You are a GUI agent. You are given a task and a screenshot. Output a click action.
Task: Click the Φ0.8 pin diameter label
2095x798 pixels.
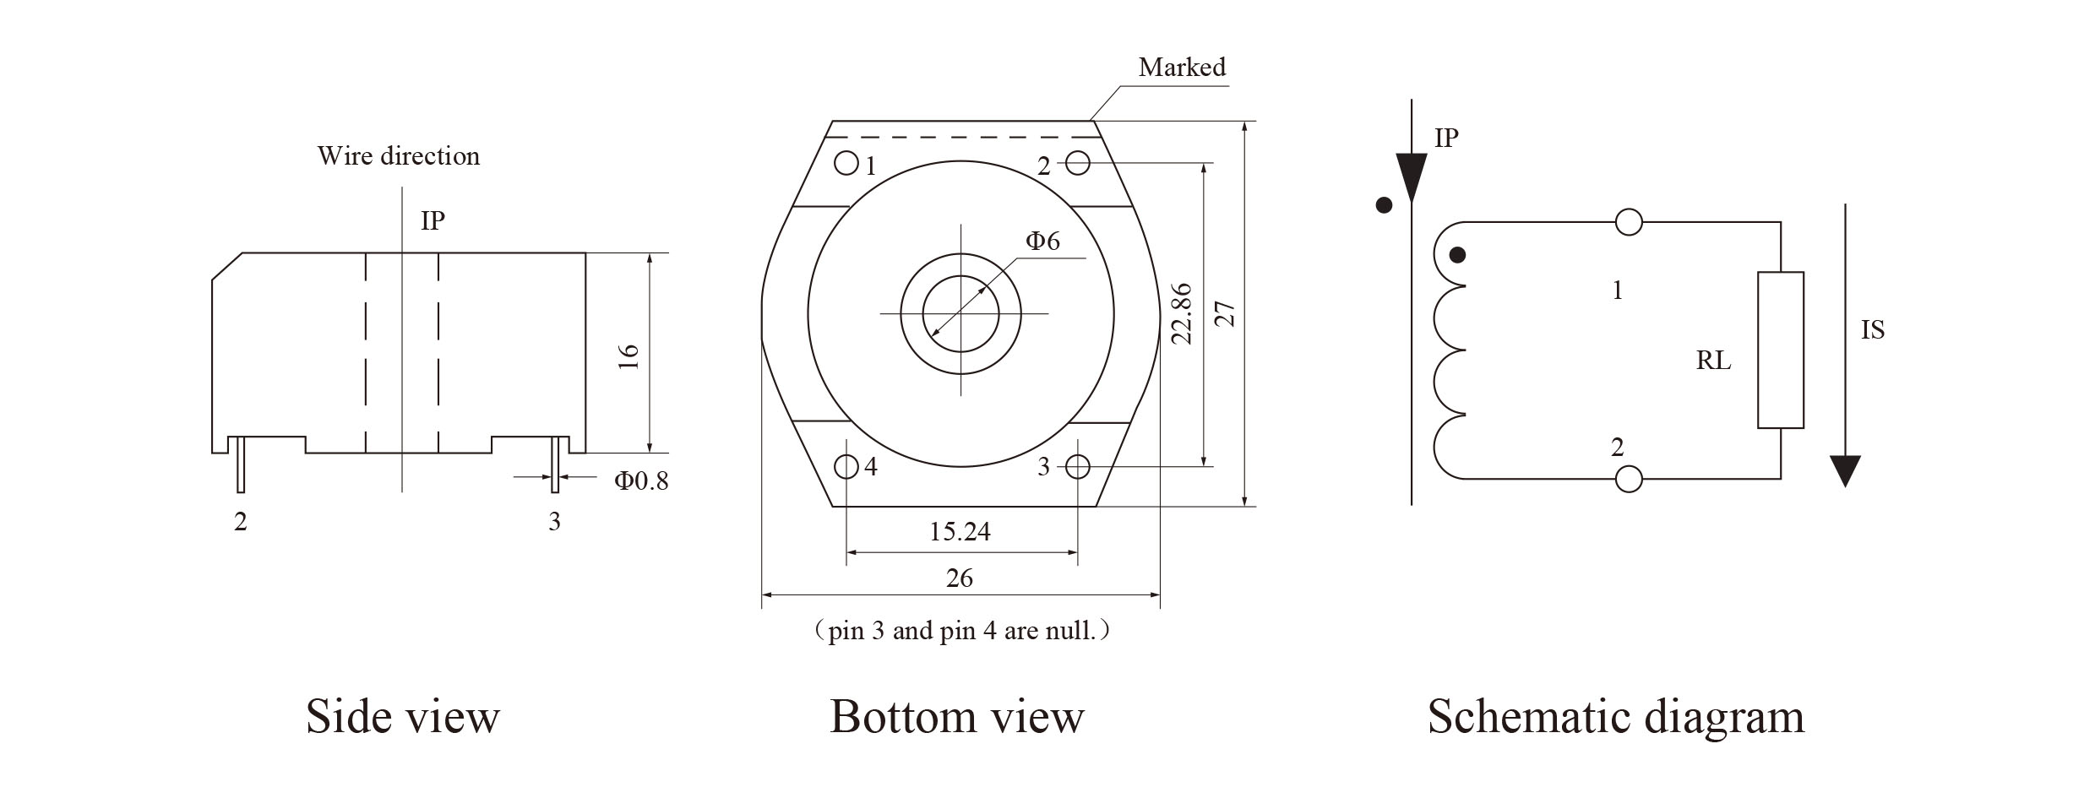pyautogui.click(x=640, y=480)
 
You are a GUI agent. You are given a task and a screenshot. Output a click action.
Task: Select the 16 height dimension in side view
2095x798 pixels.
pyautogui.click(x=629, y=356)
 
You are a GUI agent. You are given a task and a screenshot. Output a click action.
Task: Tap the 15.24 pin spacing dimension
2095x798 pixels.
pyautogui.click(x=960, y=531)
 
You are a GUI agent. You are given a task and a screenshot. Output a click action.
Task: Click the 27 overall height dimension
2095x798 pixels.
pyautogui.click(x=1227, y=313)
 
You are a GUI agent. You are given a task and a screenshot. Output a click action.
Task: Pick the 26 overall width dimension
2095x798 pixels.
pyautogui.click(x=960, y=578)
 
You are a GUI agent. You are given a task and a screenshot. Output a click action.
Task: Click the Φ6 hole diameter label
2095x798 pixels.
pyautogui.click(x=1042, y=242)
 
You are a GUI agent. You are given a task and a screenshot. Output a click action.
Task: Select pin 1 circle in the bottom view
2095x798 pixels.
pyautogui.click(x=846, y=162)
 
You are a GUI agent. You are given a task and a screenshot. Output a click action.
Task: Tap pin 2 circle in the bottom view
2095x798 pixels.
pyautogui.click(x=1078, y=162)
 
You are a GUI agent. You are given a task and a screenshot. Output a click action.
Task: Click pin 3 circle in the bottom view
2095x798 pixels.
pyautogui.click(x=1078, y=466)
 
